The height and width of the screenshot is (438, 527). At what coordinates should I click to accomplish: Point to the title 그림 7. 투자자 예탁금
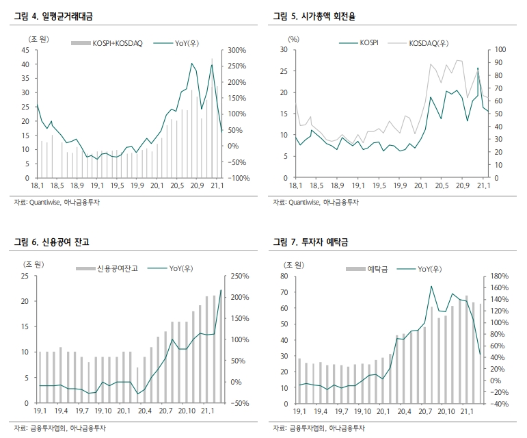[x=314, y=242]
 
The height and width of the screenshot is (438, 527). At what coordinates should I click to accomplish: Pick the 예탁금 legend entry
[x=379, y=269]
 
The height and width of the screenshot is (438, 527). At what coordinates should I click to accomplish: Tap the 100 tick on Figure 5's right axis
[x=498, y=49]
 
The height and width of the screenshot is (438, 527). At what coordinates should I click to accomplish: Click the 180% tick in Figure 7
[x=497, y=276]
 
